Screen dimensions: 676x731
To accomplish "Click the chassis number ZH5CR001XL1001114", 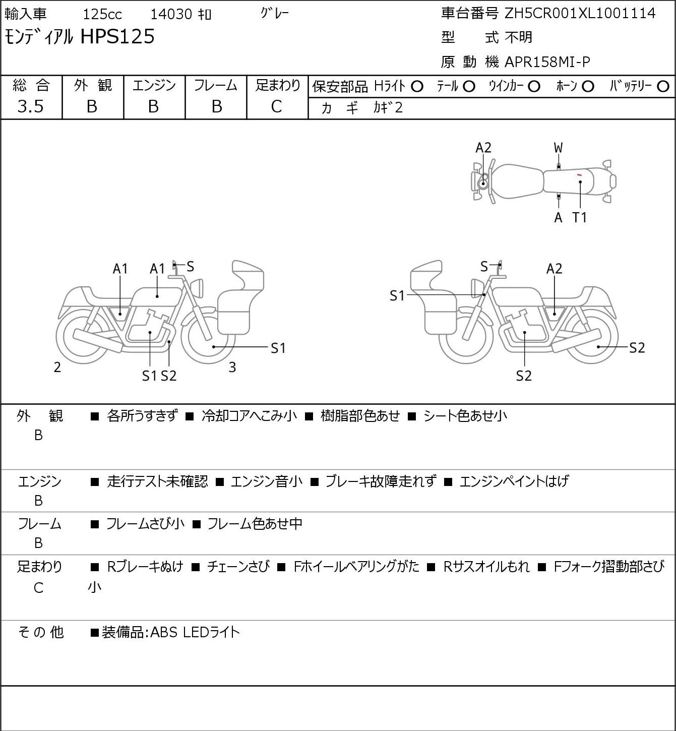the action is coord(580,14).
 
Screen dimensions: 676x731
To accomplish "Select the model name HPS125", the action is coord(117,36).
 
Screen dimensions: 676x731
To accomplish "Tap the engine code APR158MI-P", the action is coord(547,62).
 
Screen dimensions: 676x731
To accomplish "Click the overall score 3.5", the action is coord(31,107).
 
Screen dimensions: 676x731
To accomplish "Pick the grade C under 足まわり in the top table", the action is coord(277,107).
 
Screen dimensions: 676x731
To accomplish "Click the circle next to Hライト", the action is coord(417,87).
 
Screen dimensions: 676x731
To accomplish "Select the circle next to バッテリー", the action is coord(663,87).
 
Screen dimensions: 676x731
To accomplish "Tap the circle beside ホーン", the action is coord(588,87).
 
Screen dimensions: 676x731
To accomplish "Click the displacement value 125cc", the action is coord(102,14).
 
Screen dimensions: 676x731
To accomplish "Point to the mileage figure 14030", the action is coord(171,14).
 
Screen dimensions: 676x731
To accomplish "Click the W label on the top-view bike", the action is coord(558,148).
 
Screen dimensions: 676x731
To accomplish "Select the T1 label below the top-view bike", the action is coord(580,217).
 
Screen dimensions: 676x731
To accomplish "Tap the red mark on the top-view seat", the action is coord(579,175).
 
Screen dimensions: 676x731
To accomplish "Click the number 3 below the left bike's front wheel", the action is coord(232,367).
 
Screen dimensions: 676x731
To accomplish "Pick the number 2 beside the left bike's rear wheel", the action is coord(57,367).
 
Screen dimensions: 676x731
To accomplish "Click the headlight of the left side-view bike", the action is coord(199,288).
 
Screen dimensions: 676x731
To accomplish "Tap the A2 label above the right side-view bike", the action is coord(554,269).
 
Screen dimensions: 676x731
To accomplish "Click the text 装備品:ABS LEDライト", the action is coord(171,632).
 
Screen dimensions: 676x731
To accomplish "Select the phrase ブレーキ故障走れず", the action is coord(381,481).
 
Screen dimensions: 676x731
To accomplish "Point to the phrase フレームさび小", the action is coord(145,523).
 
